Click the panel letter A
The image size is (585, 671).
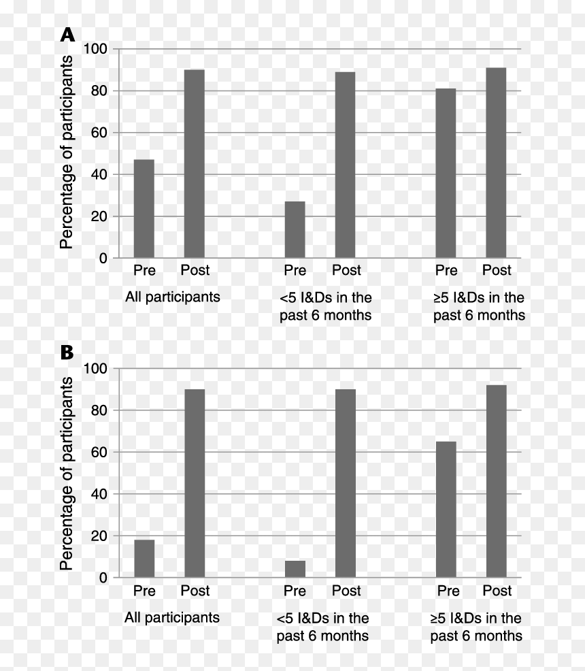[67, 35]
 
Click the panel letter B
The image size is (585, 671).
[67, 353]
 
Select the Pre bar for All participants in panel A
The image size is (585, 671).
[144, 209]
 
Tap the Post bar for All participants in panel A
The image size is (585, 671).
[195, 164]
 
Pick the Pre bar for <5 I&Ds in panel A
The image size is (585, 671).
[295, 230]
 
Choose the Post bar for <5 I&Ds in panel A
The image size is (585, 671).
[345, 165]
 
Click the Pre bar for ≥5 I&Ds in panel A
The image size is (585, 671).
[446, 174]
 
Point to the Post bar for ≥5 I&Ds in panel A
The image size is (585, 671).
[496, 163]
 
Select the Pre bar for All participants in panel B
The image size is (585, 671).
[144, 559]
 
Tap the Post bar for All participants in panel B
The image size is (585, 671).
[195, 484]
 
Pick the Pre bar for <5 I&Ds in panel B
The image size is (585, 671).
[295, 569]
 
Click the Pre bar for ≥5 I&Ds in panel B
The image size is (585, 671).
[446, 510]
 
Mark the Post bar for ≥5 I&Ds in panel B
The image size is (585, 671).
[497, 481]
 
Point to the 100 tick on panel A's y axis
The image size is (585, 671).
[95, 49]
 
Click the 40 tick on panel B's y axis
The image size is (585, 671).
[99, 494]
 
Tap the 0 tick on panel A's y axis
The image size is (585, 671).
[103, 259]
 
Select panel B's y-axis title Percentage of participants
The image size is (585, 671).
[67, 473]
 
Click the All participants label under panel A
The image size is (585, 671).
[172, 297]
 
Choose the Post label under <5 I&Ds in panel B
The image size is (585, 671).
[346, 591]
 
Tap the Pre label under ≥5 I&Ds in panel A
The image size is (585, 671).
[446, 270]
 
